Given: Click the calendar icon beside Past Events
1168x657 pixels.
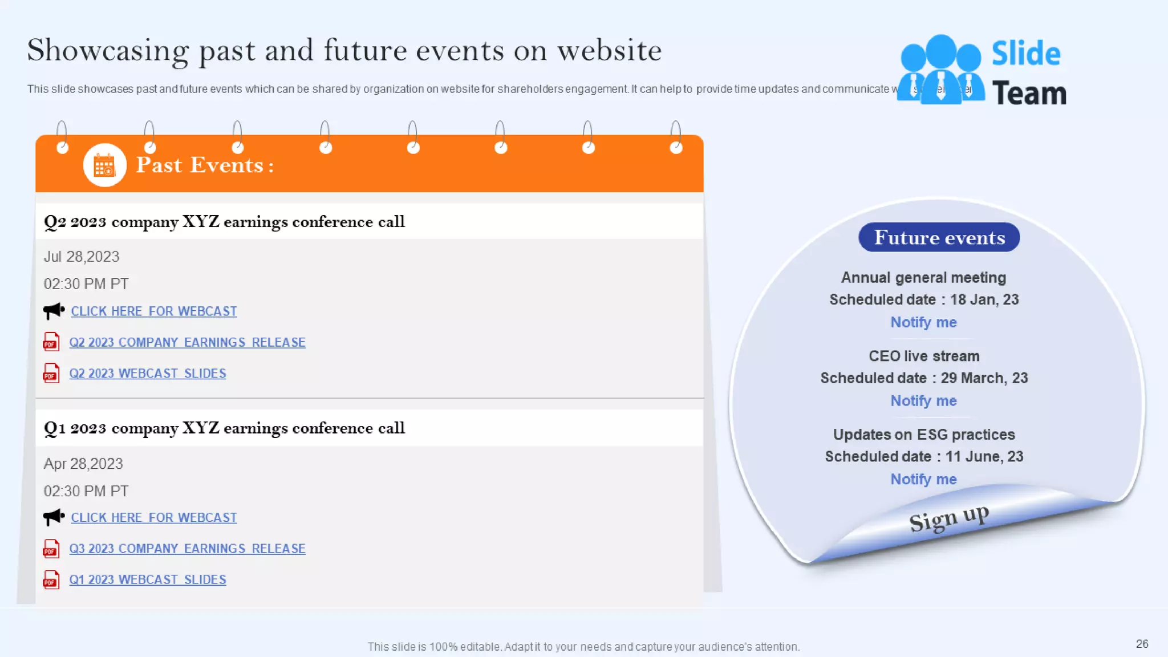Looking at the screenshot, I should (x=104, y=165).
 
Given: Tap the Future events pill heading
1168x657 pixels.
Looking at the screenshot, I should (x=939, y=237).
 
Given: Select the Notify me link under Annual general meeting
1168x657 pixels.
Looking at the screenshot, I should (x=923, y=322).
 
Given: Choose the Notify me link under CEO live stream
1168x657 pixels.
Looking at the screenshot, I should (x=923, y=401).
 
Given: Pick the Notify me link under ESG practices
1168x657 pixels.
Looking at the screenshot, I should (x=923, y=479).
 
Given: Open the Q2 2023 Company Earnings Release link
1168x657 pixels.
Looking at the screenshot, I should (x=187, y=342).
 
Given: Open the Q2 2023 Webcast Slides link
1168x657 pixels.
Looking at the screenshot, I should (x=148, y=374).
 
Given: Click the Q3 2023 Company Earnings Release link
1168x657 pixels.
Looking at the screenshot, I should (x=187, y=549).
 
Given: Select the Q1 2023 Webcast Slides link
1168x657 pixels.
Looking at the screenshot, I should (x=148, y=579).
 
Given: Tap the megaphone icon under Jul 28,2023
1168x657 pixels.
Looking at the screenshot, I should (x=54, y=311).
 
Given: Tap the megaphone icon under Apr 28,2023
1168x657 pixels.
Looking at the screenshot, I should (x=54, y=517).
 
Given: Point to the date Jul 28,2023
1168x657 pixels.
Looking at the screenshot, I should (x=82, y=257).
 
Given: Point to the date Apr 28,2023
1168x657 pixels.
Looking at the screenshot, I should (x=83, y=464).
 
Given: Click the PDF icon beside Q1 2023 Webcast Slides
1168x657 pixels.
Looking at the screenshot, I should (x=51, y=580).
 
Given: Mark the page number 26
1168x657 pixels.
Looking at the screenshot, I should (x=1142, y=644).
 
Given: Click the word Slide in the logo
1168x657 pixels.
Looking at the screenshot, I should (x=1026, y=54).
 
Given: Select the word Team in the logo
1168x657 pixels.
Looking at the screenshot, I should (x=1029, y=93).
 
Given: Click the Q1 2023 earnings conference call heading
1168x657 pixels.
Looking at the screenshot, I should (x=224, y=428).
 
